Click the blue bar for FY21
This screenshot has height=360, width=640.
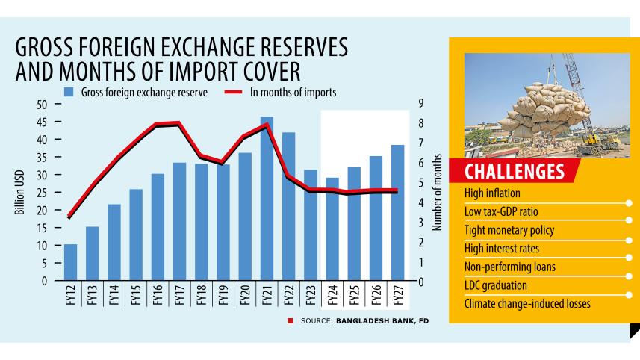(267, 199)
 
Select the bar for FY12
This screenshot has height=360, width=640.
(71, 262)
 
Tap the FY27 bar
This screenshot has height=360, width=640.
(397, 213)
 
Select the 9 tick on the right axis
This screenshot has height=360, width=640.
(422, 105)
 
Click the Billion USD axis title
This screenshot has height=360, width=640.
(19, 193)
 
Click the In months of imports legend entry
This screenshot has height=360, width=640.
(292, 92)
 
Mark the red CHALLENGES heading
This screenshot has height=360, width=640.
(515, 172)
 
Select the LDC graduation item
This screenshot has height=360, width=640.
(496, 285)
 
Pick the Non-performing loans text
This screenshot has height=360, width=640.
(509, 267)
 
